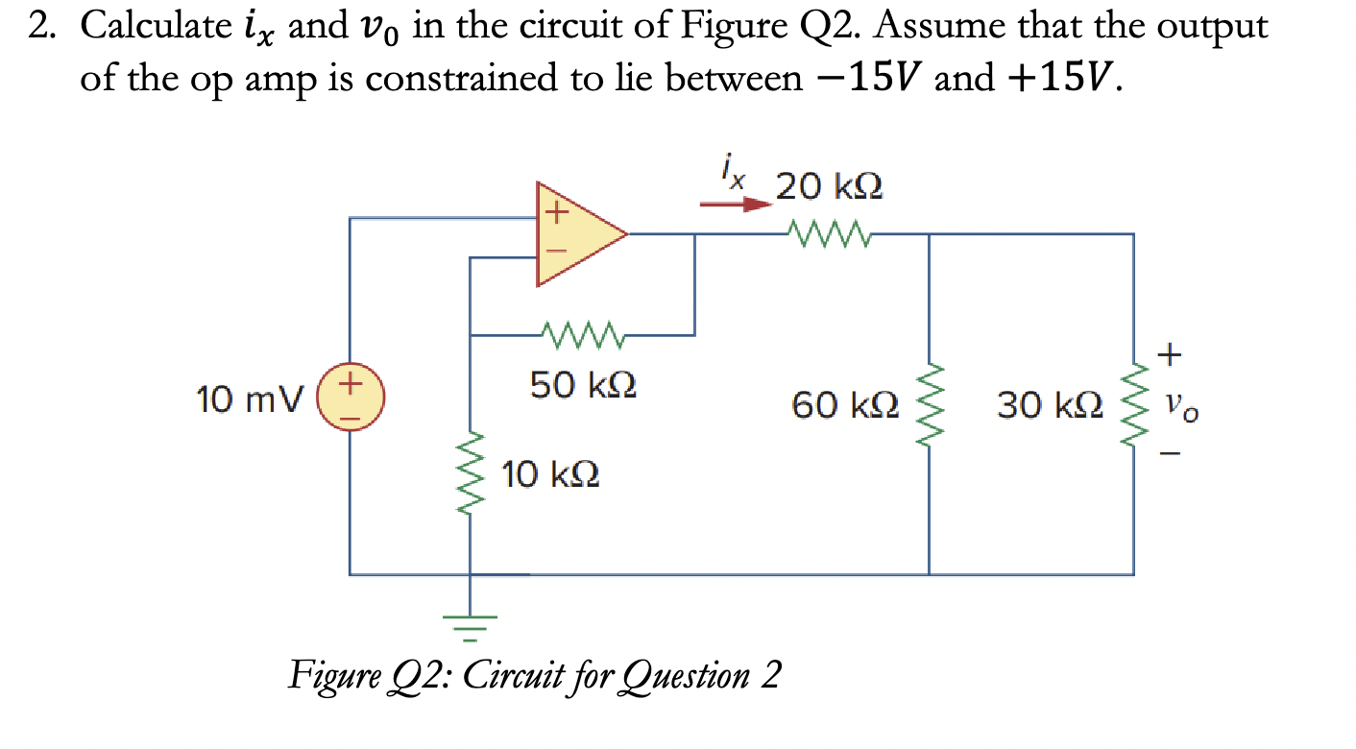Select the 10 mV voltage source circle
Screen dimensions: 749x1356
point(351,399)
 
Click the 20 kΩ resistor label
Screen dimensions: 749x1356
point(829,185)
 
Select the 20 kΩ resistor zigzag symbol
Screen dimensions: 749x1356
point(828,232)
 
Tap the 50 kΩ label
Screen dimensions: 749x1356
point(583,386)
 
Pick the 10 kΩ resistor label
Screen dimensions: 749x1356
point(552,474)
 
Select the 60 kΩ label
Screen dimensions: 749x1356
point(845,405)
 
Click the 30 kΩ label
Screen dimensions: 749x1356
point(1050,405)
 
